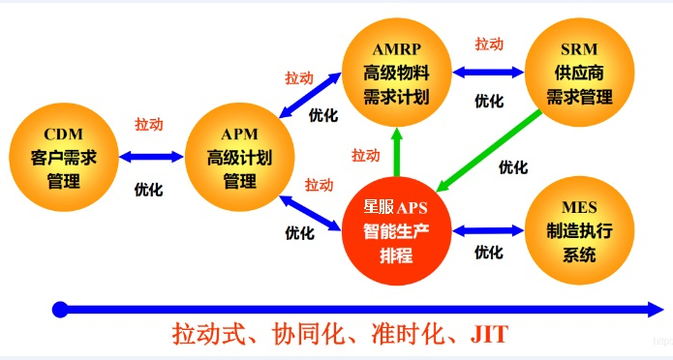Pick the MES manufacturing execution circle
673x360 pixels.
(579, 230)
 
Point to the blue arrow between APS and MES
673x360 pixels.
(487, 230)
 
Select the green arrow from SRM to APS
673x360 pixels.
(489, 149)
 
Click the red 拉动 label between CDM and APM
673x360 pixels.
(148, 125)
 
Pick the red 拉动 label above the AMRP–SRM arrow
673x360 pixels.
(489, 45)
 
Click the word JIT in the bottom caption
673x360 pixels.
(489, 336)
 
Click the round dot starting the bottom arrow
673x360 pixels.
(60, 310)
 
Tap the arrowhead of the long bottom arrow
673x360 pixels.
(655, 310)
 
